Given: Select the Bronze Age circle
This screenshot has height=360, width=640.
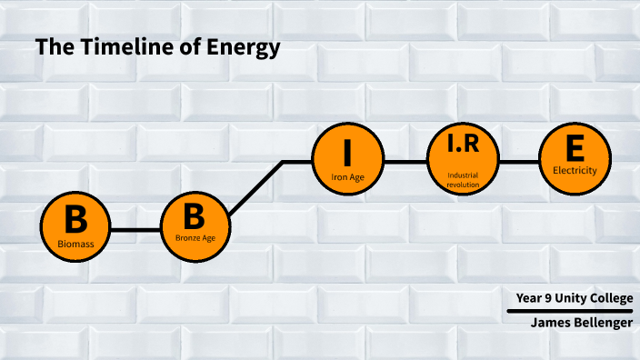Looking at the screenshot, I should [195, 229].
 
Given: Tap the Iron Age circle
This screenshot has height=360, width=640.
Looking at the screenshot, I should [347, 162].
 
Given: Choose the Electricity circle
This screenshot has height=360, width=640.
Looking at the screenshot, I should [575, 162].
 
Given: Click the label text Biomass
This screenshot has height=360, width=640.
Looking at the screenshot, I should [75, 245].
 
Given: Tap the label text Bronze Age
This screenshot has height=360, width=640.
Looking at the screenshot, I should [195, 239].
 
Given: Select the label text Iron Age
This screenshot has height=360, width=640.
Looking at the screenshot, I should [347, 177].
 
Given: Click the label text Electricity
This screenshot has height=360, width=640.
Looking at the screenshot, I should [575, 170].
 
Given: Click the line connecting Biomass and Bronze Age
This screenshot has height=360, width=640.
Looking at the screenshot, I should [135, 230].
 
